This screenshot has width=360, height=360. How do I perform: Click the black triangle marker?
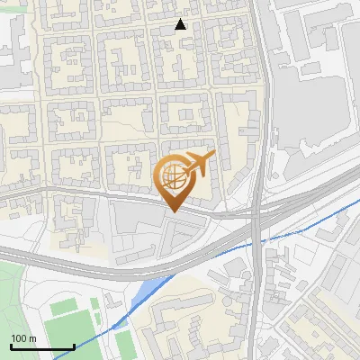(x=181, y=24)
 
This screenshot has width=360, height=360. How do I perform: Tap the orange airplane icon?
(x=198, y=165)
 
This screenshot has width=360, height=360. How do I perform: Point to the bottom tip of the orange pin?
(x=172, y=212)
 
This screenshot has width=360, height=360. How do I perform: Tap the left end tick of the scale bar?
(x=11, y=345)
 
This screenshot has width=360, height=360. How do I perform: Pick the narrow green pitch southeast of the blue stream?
(x=125, y=341)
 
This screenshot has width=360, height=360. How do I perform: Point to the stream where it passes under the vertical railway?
(x=257, y=238)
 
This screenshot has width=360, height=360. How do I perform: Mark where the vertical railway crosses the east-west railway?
(x=258, y=213)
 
